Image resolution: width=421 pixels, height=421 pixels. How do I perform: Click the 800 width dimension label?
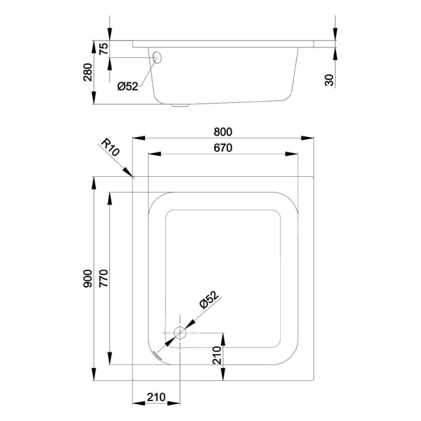tap(223, 132)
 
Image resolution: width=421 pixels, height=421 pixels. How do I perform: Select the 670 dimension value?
tap(223, 147)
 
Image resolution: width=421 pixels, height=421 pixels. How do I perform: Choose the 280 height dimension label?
tap(88, 72)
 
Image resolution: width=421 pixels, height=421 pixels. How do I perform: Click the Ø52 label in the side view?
tap(128, 87)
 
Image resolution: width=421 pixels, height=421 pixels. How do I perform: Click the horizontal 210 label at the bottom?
tap(156, 397)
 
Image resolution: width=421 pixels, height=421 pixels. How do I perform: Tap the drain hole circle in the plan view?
tap(179, 333)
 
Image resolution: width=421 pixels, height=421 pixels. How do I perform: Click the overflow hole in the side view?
tap(158, 58)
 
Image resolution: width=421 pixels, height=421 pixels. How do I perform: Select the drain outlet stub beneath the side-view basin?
tap(180, 106)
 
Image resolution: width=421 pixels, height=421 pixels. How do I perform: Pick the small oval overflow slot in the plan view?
tap(158, 354)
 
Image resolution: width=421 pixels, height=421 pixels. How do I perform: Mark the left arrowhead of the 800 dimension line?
tap(135, 138)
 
